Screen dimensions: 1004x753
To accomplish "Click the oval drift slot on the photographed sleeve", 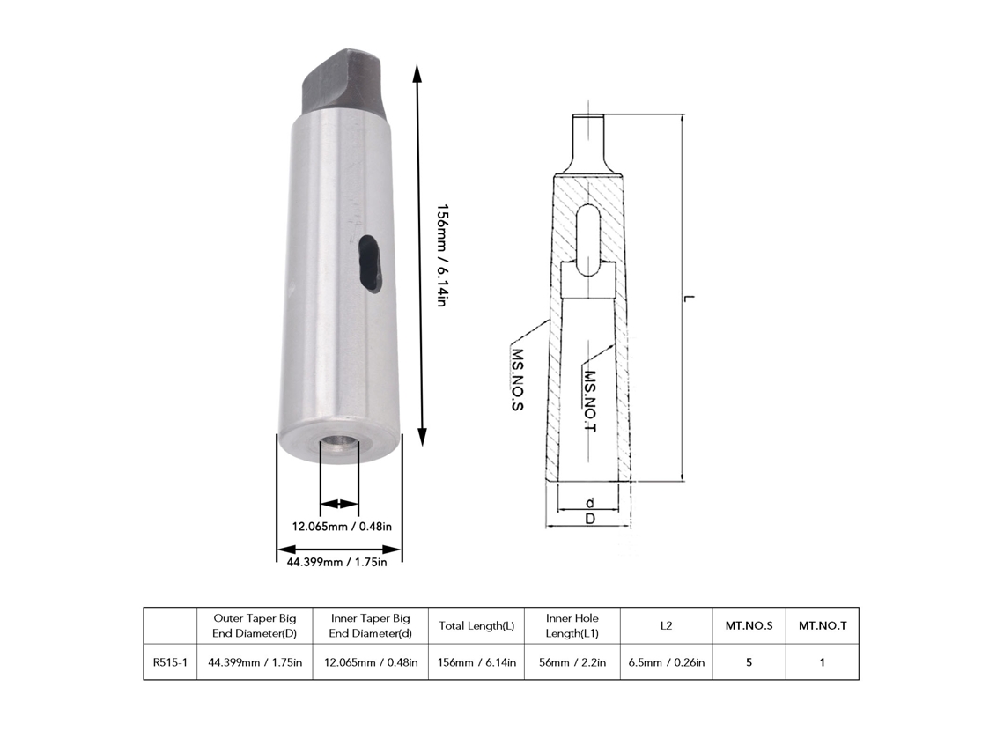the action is (x=367, y=262).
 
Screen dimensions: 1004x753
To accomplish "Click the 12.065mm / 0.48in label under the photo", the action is (x=342, y=527).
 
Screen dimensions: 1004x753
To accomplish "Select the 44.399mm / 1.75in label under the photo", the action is (x=336, y=562).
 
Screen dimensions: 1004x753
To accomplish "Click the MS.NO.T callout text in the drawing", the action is (x=590, y=401).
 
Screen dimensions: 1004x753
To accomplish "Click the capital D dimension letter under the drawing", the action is (x=590, y=519).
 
